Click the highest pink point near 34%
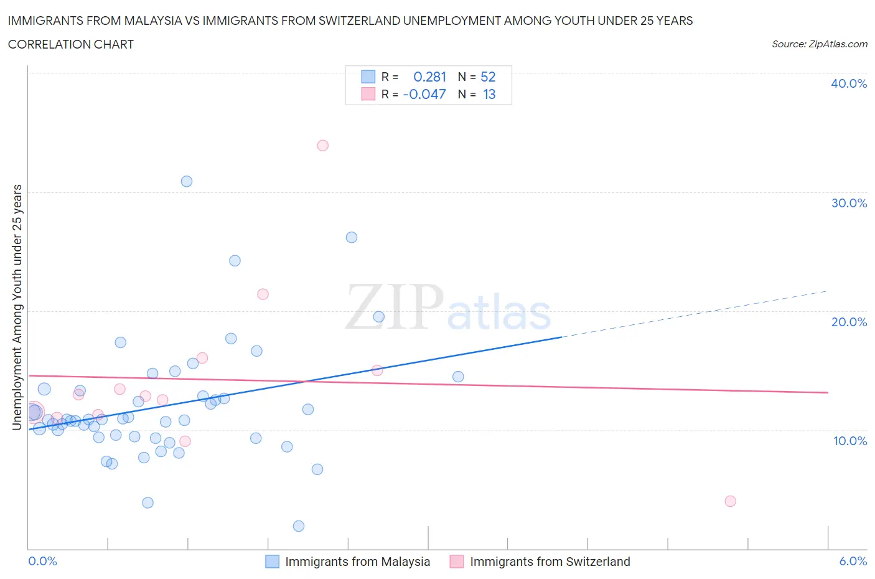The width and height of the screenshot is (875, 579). pyautogui.click(x=322, y=146)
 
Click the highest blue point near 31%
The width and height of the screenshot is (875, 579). pyautogui.click(x=187, y=182)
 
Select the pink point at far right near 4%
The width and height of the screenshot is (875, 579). pyautogui.click(x=731, y=501)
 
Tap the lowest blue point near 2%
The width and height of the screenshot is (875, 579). pyautogui.click(x=299, y=526)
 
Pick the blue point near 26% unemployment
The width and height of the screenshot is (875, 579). pyautogui.click(x=352, y=237)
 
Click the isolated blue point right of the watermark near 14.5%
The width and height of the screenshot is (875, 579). pyautogui.click(x=458, y=377)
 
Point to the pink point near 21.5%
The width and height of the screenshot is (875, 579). pyautogui.click(x=263, y=294)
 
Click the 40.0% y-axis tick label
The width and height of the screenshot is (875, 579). pyautogui.click(x=848, y=84)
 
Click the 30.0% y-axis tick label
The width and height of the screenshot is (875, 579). pyautogui.click(x=848, y=204)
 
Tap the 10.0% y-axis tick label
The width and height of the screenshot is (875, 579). pyautogui.click(x=849, y=441)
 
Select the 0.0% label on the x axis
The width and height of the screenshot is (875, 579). pyautogui.click(x=43, y=561)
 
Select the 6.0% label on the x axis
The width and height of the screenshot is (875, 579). pyautogui.click(x=853, y=561)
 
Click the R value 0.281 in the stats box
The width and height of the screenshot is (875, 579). pyautogui.click(x=429, y=77)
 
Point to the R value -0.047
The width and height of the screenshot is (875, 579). pyautogui.click(x=424, y=94)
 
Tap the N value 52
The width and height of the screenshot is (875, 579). pyautogui.click(x=488, y=77)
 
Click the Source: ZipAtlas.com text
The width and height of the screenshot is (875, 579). pyautogui.click(x=819, y=44)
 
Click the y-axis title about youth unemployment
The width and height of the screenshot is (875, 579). pyautogui.click(x=17, y=307)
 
